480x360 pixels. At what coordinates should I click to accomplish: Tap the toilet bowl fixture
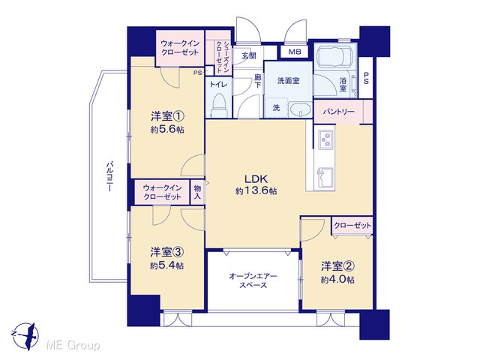pyautogui.click(x=219, y=104)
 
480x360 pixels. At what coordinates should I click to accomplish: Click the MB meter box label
pyautogui.click(x=295, y=52)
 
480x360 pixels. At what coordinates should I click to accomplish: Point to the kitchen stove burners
pyautogui.click(x=325, y=139)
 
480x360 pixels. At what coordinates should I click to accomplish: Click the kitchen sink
pyautogui.click(x=325, y=177)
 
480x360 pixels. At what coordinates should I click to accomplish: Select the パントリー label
pyautogui.click(x=338, y=112)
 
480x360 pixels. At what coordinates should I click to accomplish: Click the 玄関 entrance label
pyautogui.click(x=248, y=55)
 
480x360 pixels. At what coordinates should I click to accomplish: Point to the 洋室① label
pyautogui.click(x=167, y=116)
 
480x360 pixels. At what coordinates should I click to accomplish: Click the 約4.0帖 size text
pyautogui.click(x=337, y=280)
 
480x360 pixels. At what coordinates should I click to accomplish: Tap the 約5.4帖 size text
pyautogui.click(x=166, y=265)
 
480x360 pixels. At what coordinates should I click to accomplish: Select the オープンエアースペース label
pyautogui.click(x=253, y=280)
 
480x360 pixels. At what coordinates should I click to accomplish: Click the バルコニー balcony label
pyautogui.click(x=109, y=177)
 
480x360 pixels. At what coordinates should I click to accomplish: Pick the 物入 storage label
pyautogui.click(x=197, y=192)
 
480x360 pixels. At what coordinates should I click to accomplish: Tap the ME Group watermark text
pyautogui.click(x=73, y=346)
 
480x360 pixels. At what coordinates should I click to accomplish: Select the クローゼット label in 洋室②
pyautogui.click(x=352, y=226)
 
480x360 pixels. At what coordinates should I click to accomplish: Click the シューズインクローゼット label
pyautogui.click(x=223, y=57)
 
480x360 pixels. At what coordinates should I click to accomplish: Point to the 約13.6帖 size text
pyautogui.click(x=256, y=191)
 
